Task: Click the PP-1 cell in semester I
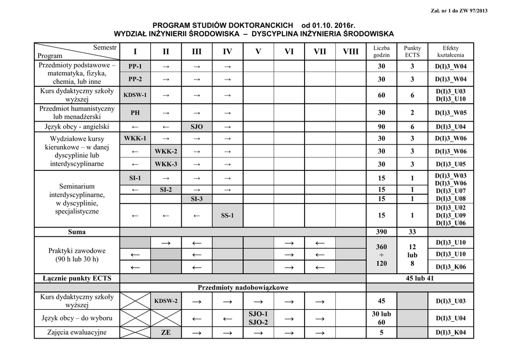coord(135,67)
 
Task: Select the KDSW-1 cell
coord(135,95)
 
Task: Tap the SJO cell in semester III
coord(196,127)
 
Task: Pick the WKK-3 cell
coord(166,164)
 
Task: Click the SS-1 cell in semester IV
coord(227,216)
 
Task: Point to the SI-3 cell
coord(196,199)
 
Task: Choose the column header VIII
coord(350,52)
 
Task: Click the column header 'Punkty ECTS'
coord(412,51)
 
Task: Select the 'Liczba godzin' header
coord(381,51)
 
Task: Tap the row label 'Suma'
coord(77,232)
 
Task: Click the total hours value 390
coord(381,232)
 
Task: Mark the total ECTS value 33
coord(412,232)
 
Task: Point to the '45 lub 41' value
coord(420,279)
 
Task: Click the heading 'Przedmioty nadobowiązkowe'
coord(243,288)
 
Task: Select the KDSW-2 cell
coord(166,301)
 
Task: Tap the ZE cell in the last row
coord(166,333)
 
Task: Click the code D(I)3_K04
coord(451,333)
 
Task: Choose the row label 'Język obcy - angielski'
coord(77,127)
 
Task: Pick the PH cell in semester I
coord(135,113)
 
